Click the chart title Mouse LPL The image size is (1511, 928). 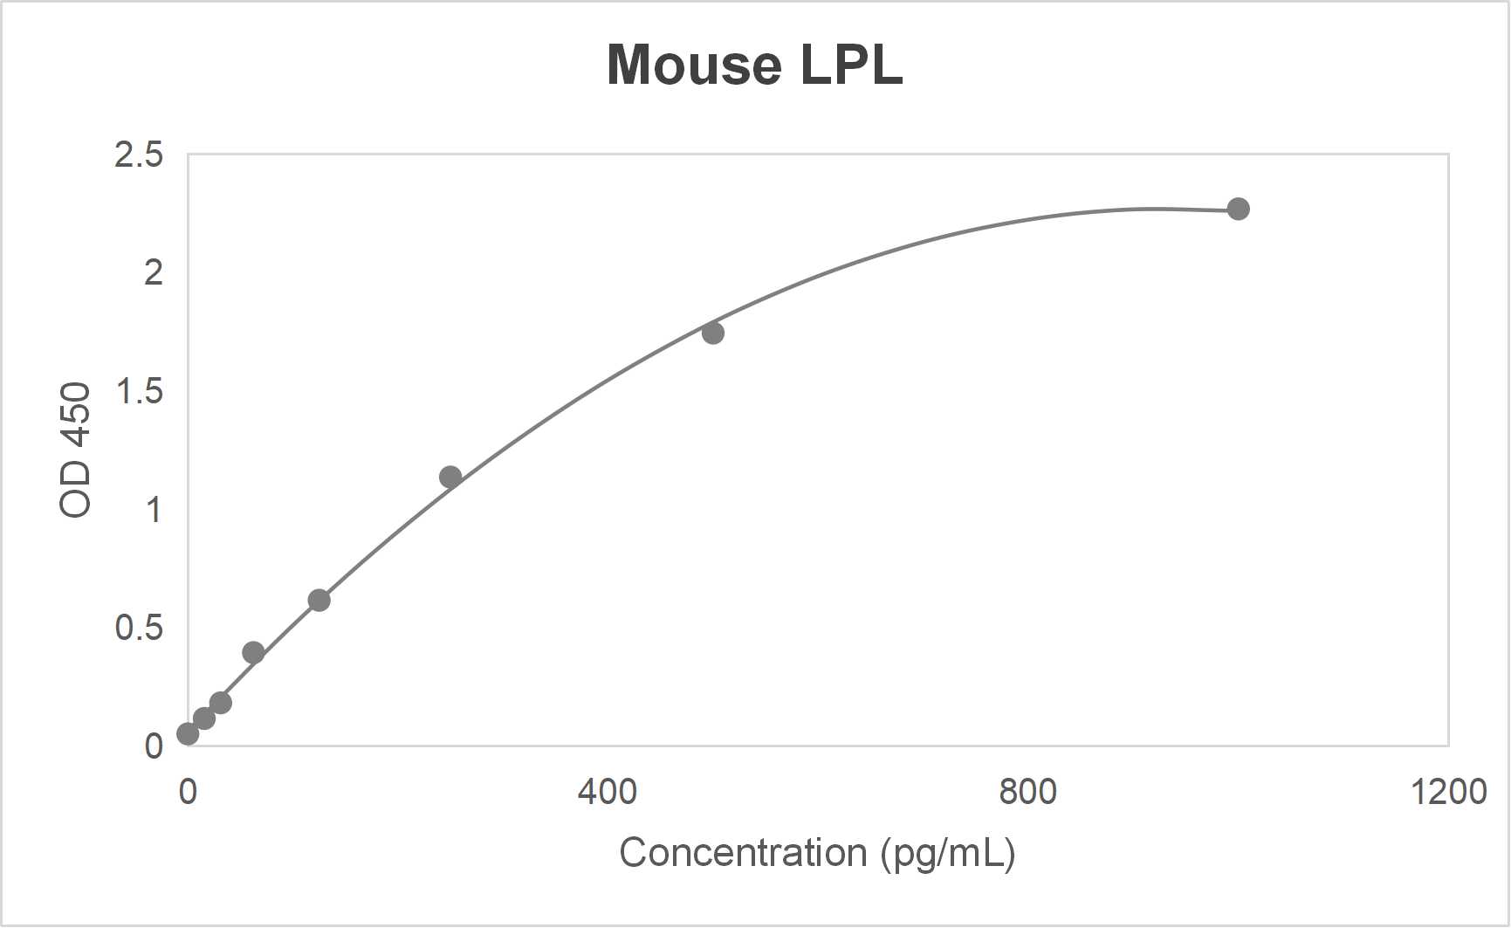point(754,65)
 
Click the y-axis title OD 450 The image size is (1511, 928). point(76,450)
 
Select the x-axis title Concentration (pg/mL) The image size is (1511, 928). point(817,853)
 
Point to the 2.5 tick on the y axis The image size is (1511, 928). point(139,155)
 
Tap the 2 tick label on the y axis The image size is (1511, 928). point(154,273)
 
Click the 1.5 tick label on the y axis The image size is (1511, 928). point(139,392)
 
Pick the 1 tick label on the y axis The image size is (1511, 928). point(154,510)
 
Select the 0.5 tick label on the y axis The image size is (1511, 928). point(139,628)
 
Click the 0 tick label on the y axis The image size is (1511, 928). point(154,746)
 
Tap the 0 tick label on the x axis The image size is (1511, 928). point(188,792)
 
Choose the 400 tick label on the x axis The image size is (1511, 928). point(608,792)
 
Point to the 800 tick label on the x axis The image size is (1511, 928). point(1027,792)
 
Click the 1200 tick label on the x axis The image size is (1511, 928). point(1448,792)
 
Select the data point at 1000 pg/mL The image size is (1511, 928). point(1238,209)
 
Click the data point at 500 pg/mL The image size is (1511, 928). point(712,333)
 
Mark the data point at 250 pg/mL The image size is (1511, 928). point(450,477)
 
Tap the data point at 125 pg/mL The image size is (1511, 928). point(319,600)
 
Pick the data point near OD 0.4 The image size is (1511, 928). point(253,652)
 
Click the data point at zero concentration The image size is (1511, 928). point(188,734)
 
